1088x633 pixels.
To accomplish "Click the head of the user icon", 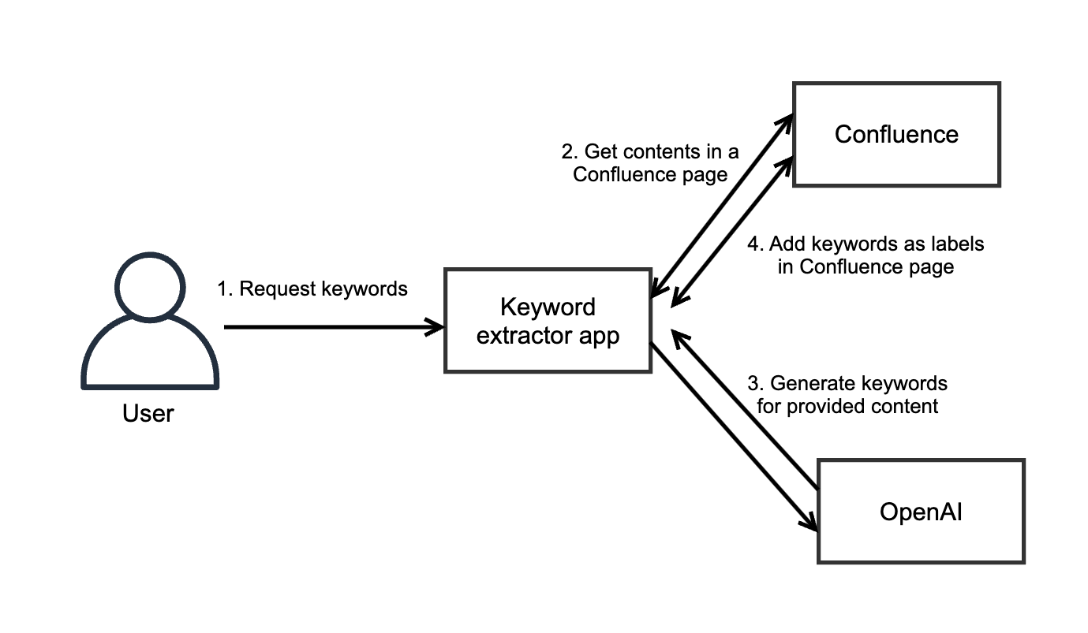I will coord(149,288).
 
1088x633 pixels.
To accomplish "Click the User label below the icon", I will coord(148,412).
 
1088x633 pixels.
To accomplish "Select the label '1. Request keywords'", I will coord(312,289).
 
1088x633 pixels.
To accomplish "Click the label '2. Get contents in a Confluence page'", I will coord(650,163).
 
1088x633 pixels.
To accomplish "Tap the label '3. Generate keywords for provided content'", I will coord(848,395).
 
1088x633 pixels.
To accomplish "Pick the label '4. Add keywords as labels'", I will coord(866,255).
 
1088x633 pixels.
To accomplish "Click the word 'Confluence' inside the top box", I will coord(896,135).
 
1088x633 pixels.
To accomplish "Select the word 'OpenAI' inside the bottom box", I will coord(921,512).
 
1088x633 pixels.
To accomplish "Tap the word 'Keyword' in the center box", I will coord(548,307).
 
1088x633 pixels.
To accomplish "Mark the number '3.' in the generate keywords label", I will coord(756,384).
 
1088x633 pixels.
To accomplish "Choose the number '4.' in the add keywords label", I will coord(756,244).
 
